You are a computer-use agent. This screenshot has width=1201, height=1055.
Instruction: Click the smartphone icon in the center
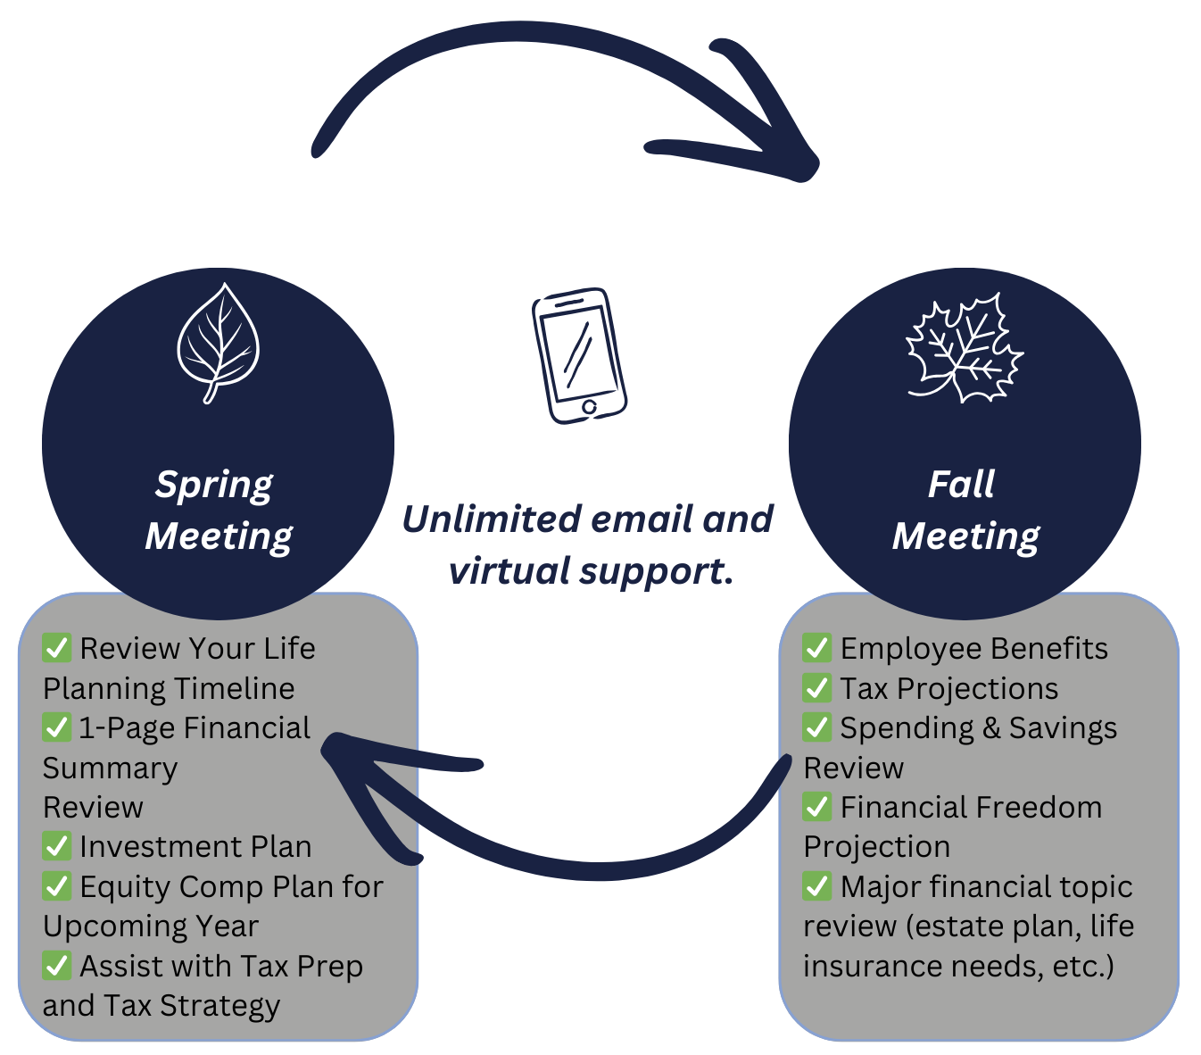click(579, 355)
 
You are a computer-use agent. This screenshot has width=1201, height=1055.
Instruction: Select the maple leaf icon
click(965, 348)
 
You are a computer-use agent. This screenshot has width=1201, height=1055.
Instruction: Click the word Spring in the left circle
click(214, 485)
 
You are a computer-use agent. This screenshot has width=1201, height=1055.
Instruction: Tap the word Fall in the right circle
click(961, 485)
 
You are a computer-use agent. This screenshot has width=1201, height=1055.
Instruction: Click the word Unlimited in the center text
click(490, 519)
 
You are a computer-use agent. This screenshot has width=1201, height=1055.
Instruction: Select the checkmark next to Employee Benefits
click(816, 648)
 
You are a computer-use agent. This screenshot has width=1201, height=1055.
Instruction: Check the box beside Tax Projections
click(816, 688)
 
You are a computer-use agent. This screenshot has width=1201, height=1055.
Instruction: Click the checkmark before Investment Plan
click(56, 846)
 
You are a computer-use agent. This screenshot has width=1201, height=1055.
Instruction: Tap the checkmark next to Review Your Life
click(56, 648)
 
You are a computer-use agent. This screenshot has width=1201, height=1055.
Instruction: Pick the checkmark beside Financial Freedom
click(816, 807)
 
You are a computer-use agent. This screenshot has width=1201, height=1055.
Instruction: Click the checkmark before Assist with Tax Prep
click(56, 966)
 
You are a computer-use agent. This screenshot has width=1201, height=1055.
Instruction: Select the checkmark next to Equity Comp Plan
click(56, 886)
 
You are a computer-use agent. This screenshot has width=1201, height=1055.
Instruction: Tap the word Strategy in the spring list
click(219, 1006)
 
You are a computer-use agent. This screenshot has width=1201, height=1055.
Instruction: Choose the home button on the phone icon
click(589, 408)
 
